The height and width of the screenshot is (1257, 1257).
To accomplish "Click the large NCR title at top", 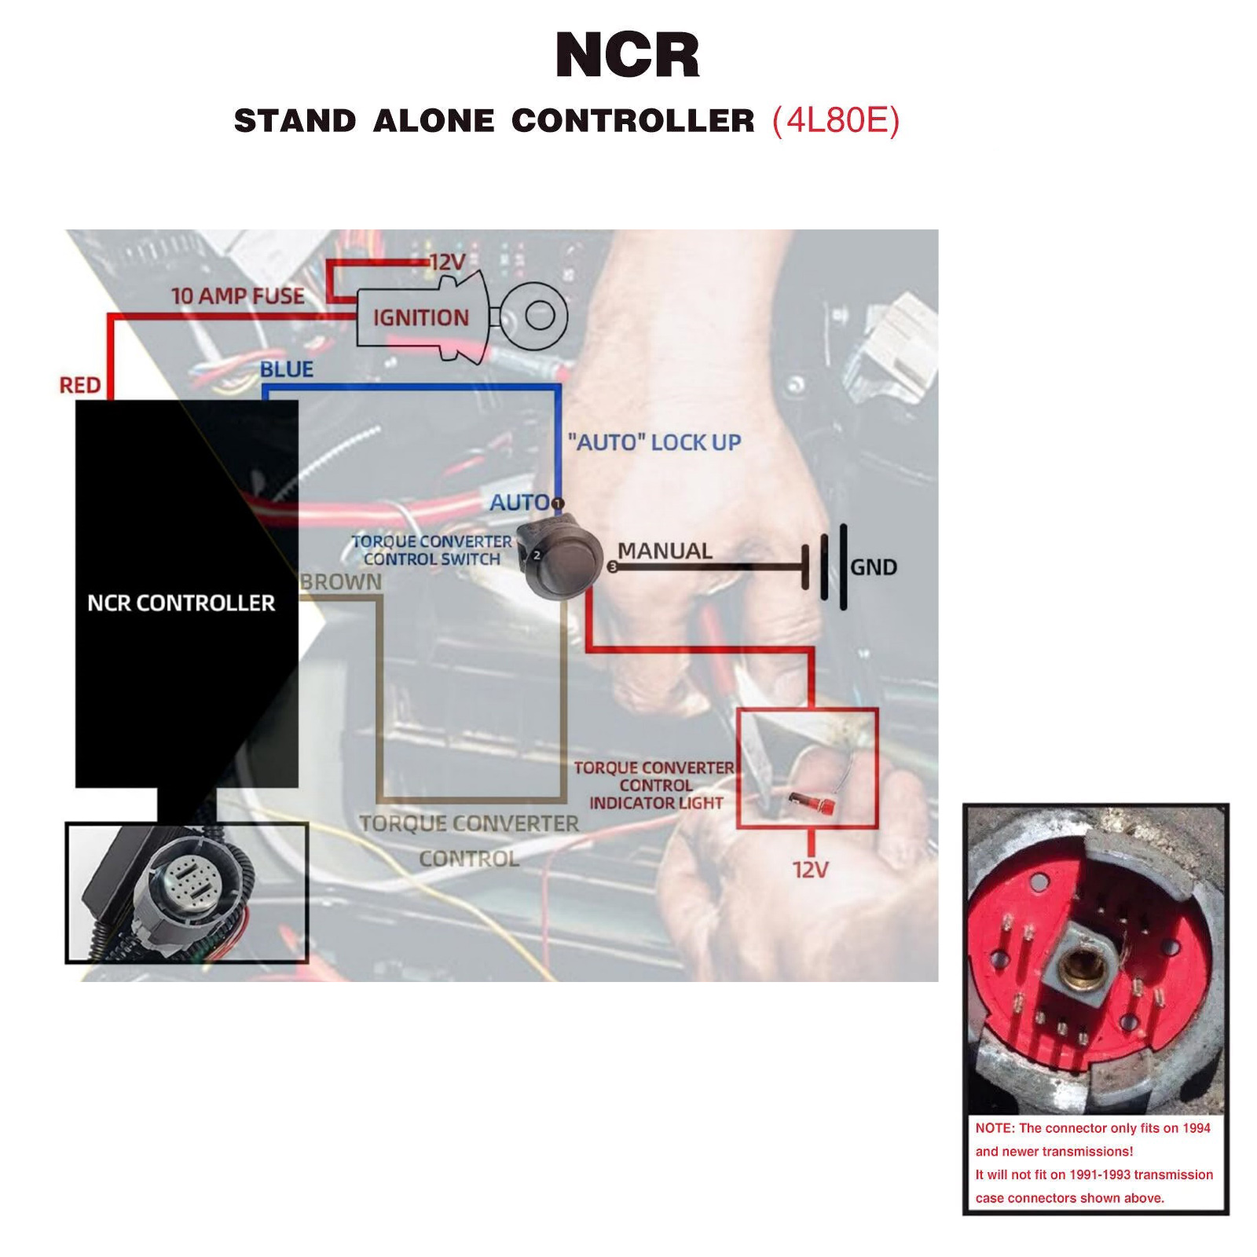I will (x=627, y=55).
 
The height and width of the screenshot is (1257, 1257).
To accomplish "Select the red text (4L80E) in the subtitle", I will (x=836, y=121).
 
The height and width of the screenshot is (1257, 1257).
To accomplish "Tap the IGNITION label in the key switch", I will (x=420, y=317).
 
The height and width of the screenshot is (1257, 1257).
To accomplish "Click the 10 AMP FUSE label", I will (x=238, y=296).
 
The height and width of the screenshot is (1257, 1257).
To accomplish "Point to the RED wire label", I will (x=80, y=385).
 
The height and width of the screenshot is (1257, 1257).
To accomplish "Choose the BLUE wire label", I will (x=287, y=369).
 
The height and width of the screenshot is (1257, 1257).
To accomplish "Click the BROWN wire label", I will (x=341, y=582).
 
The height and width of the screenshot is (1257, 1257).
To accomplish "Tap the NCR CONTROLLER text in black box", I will (x=181, y=603).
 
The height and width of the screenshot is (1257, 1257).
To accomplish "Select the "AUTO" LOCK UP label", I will (x=654, y=442).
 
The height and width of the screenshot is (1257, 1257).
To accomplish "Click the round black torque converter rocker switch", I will (x=564, y=559).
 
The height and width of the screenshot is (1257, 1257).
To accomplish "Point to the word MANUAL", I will (x=665, y=551).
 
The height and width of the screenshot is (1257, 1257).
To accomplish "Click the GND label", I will (x=874, y=567).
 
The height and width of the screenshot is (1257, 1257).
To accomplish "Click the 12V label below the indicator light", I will (x=810, y=870).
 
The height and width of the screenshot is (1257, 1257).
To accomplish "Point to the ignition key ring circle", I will (x=539, y=317).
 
